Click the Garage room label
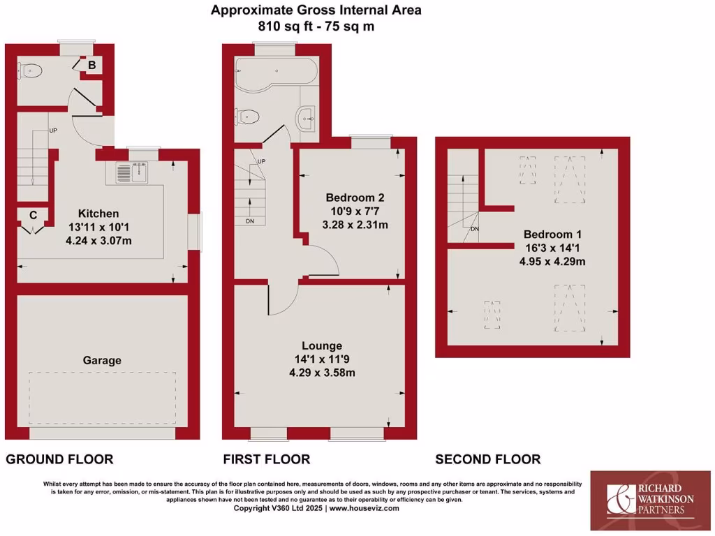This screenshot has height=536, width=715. point(102,360)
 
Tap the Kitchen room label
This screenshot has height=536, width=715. point(98,214)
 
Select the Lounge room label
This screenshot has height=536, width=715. point(322,345)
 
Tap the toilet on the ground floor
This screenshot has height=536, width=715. point(32,70)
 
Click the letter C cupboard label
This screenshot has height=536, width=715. point(32,215)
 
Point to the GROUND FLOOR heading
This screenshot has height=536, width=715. point(59,459)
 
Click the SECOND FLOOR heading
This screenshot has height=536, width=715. point(487,459)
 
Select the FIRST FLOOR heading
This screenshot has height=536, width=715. point(266,459)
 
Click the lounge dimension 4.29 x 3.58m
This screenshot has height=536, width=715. point(322,372)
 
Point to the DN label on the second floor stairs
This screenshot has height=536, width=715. point(475,228)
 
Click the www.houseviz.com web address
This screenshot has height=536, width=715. point(364,508)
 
